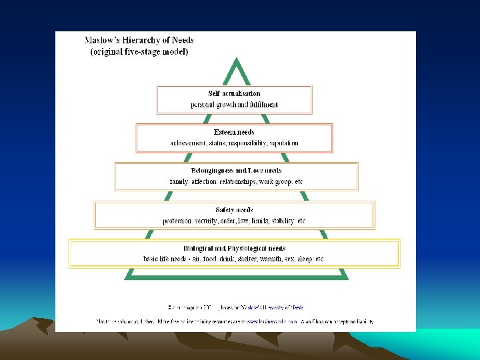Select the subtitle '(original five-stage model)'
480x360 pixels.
point(139,51)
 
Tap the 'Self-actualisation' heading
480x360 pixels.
point(234,94)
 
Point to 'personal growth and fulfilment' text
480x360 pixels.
point(234,105)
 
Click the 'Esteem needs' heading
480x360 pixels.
point(234,132)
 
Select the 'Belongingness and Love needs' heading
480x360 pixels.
point(236,171)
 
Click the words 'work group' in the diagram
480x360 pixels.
point(273,181)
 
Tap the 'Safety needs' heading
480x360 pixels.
point(234,210)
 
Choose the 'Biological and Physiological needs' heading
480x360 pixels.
point(234,248)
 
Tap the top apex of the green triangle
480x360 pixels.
point(235,59)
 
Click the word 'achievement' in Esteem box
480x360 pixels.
point(189,143)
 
